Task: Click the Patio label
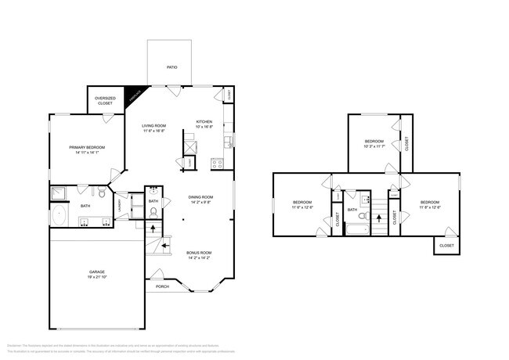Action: [171, 67]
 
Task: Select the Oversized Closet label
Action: [105, 101]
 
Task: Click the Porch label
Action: [162, 286]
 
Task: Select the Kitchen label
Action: [204, 121]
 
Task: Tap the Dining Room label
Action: [200, 197]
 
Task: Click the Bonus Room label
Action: [199, 253]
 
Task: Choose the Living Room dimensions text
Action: [153, 131]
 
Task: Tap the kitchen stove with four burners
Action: [216, 164]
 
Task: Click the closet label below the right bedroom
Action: [446, 246]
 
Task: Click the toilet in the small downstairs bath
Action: [153, 211]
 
